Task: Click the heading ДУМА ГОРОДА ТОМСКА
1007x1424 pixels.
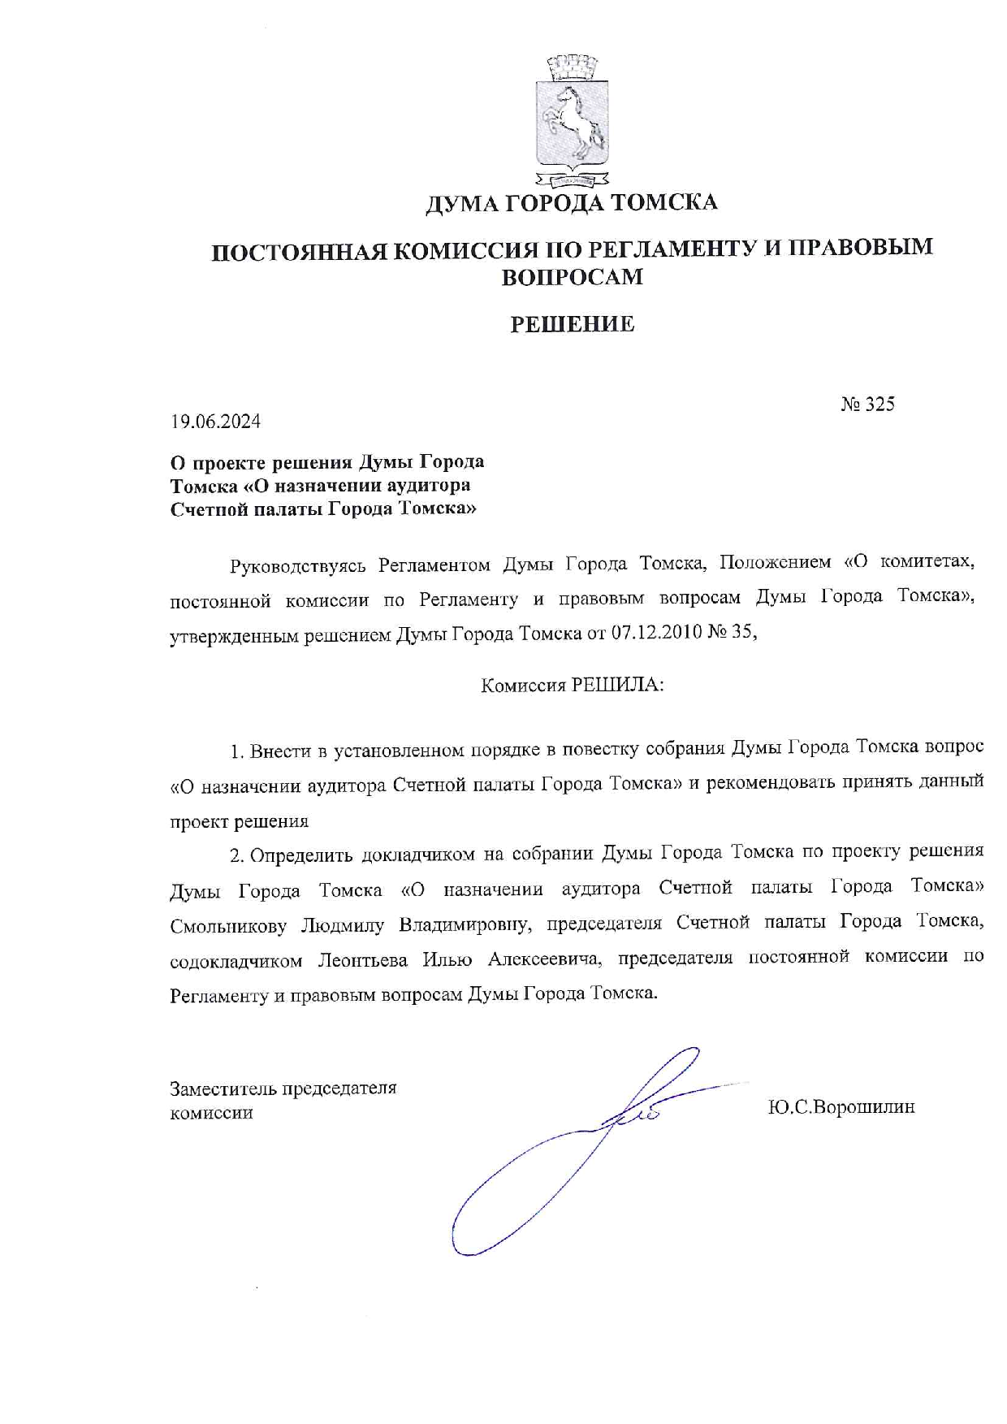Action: pos(572,202)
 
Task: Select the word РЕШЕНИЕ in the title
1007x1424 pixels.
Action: pos(572,325)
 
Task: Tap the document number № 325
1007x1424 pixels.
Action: pos(867,404)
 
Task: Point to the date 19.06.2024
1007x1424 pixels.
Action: pos(215,422)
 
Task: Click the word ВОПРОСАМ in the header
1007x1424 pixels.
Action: pos(572,277)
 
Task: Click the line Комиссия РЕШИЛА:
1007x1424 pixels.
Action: pos(572,685)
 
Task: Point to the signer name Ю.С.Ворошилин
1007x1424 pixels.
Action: pos(841,1106)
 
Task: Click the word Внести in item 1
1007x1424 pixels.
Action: pos(274,751)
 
